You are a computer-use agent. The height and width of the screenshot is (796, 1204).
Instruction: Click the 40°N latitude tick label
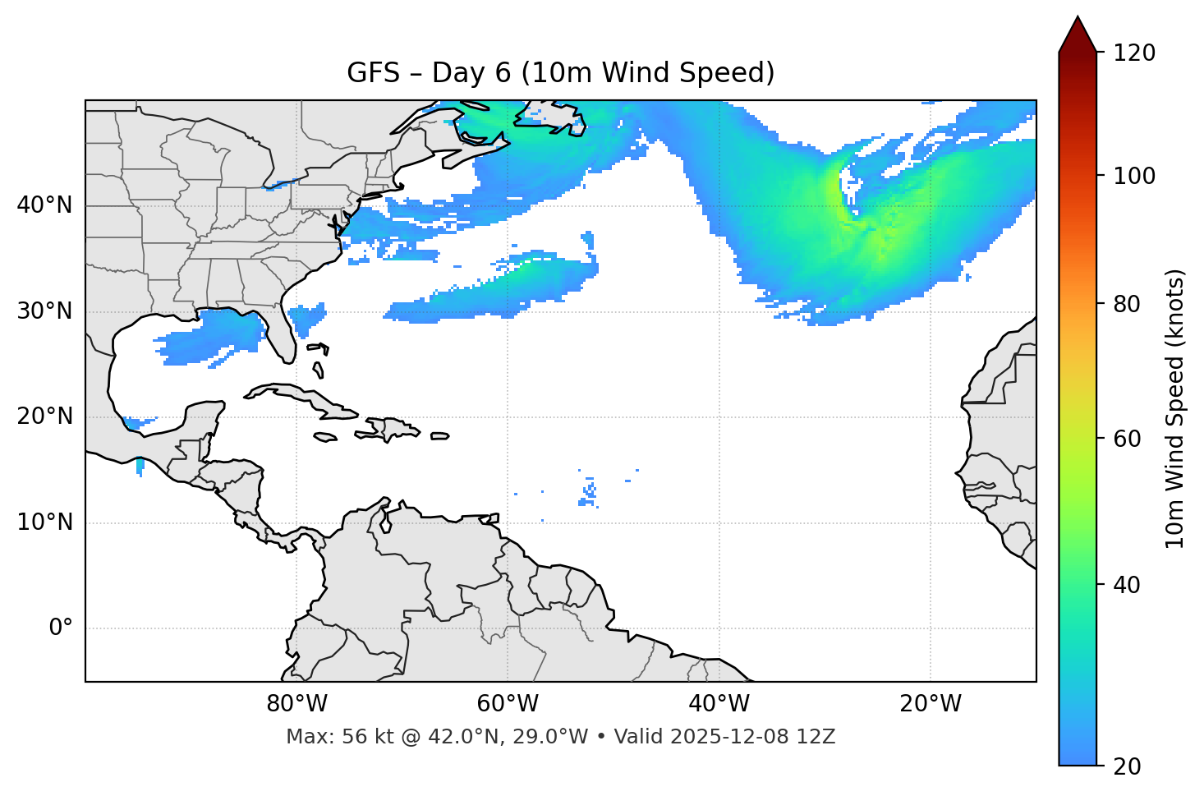coord(44,205)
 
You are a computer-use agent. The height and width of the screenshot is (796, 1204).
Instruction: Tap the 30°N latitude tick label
coord(44,311)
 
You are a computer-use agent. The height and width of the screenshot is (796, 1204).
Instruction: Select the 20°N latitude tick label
coord(44,416)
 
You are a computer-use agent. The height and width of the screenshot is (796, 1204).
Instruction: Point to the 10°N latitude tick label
coord(44,522)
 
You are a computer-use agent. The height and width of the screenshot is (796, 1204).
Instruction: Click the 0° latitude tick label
coord(61,628)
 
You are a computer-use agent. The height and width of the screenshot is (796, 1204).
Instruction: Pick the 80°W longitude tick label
coord(296,704)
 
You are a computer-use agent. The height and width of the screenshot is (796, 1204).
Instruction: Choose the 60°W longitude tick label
coord(508,704)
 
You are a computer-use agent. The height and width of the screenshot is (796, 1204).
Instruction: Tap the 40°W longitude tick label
coord(719,704)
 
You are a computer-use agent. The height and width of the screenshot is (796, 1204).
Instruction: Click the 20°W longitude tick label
coord(930,704)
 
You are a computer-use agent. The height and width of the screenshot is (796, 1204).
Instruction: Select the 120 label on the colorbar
coord(1134,53)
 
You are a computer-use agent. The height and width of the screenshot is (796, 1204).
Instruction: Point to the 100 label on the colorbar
coord(1134,176)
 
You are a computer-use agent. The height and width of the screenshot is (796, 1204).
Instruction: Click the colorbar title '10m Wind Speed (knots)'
coord(1175,409)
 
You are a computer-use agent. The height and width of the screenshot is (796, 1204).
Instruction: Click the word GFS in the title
coord(373,73)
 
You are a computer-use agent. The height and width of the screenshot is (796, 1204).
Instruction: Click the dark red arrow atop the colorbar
coord(1078,35)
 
